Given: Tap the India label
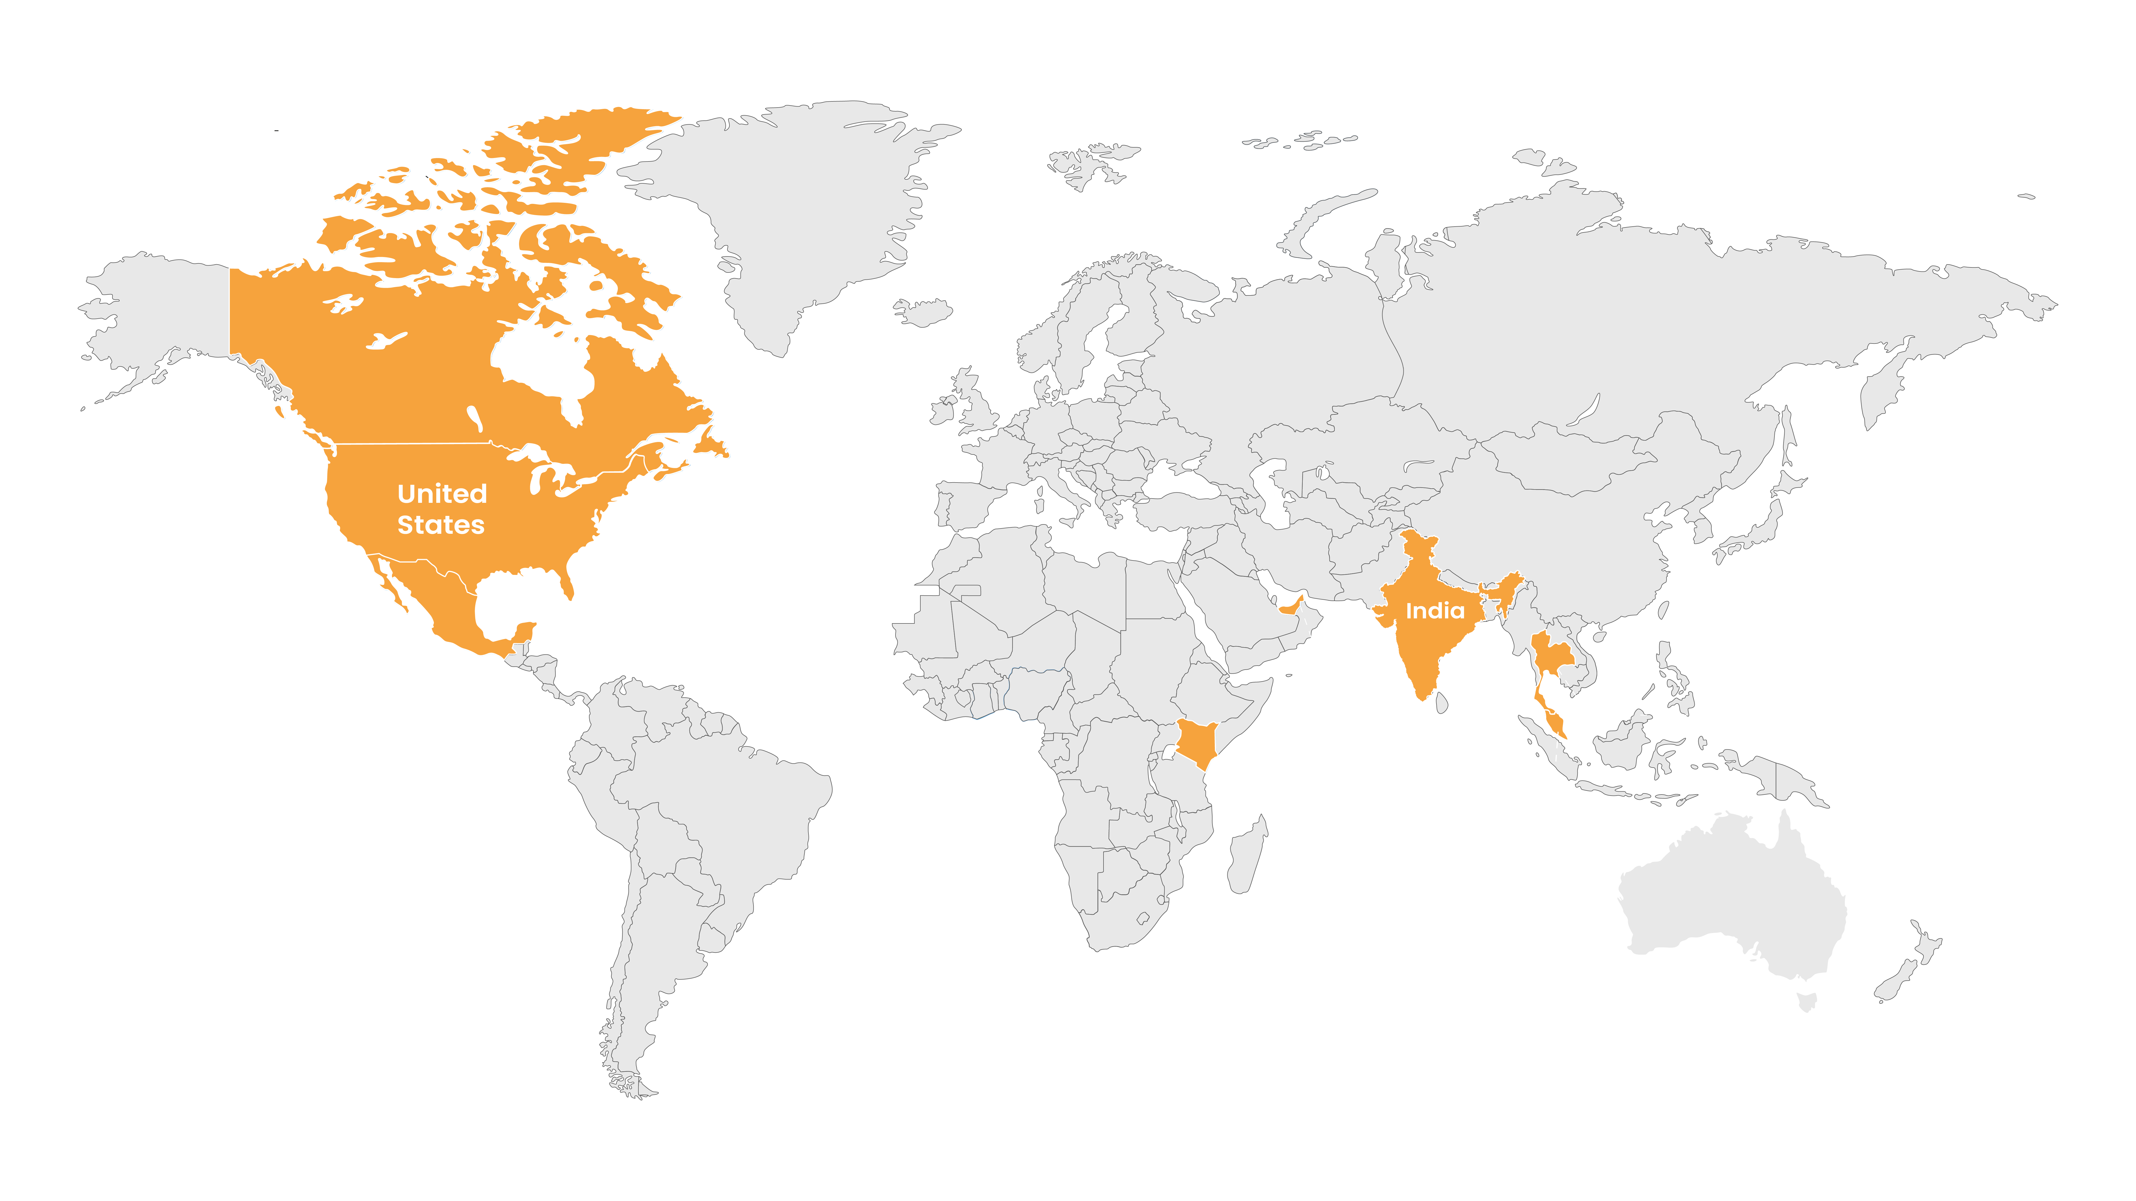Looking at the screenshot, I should tap(1435, 611).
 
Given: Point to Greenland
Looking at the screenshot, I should tap(796, 207).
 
